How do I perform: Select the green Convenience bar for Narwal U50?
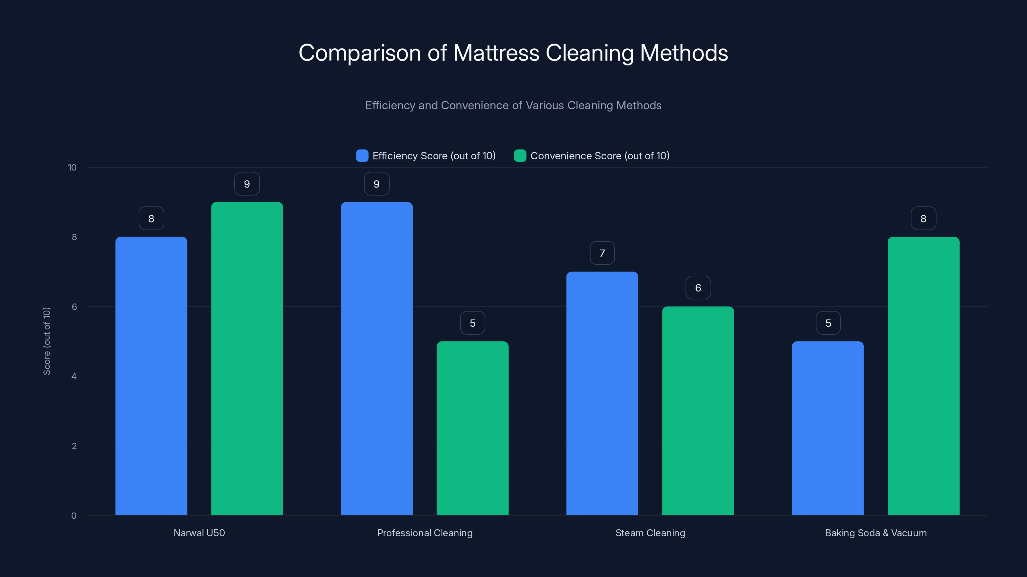coord(247,358)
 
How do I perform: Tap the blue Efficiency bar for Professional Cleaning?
coord(376,358)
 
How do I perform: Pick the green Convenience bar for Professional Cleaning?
coord(472,428)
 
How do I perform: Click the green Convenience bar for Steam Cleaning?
coord(698,411)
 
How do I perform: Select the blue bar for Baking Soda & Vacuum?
coord(828,428)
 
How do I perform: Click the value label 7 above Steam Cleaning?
coord(602,253)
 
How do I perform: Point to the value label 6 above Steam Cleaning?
coord(698,288)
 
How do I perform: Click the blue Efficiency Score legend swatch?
coord(362,156)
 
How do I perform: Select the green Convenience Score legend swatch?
coord(520,156)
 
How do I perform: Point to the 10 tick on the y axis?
coord(72,167)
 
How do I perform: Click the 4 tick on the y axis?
coord(74,376)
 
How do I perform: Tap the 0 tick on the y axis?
coord(74,516)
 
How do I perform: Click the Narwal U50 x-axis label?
coord(199,533)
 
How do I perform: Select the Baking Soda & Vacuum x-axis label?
coord(876,533)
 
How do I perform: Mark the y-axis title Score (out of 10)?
coord(47,341)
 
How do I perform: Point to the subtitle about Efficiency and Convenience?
coord(513,105)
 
